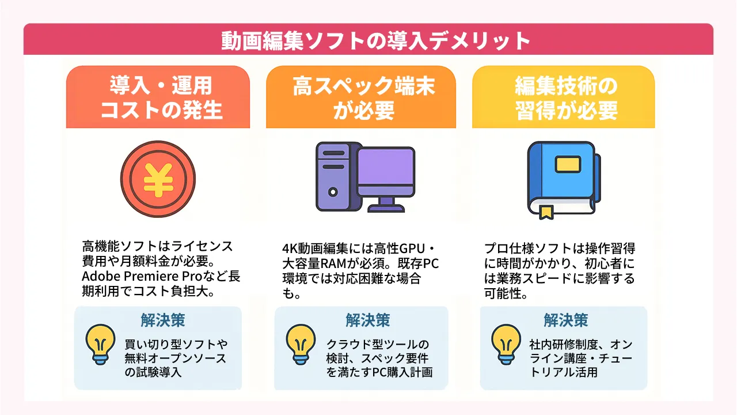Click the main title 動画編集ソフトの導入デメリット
[x=368, y=41]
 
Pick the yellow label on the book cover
[x=567, y=164]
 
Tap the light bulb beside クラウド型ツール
[x=301, y=344]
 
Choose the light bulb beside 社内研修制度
[x=506, y=344]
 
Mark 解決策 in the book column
[x=565, y=320]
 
